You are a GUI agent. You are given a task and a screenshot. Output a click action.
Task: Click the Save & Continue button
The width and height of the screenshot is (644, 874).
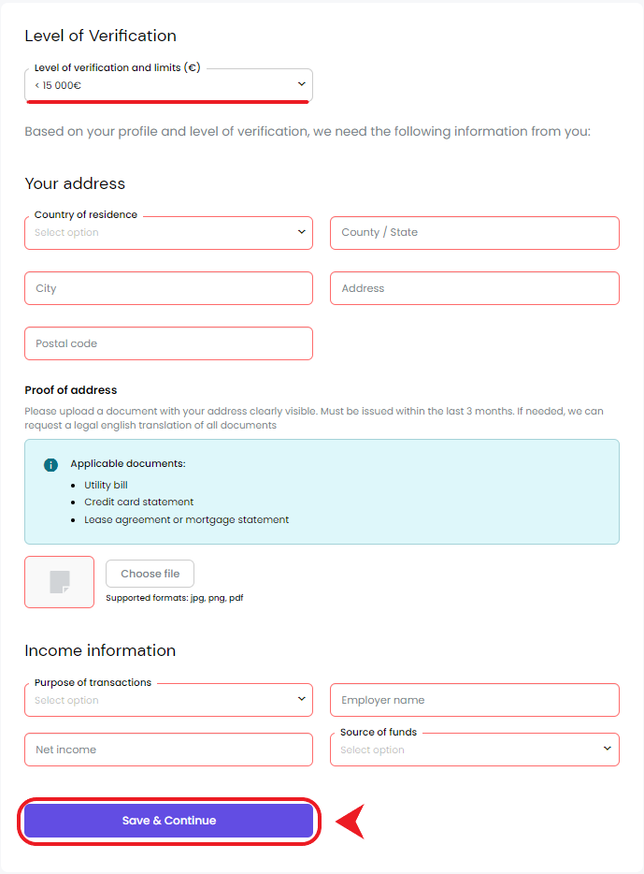tap(169, 821)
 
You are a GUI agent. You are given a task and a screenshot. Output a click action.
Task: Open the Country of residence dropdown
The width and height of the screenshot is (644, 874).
tap(168, 233)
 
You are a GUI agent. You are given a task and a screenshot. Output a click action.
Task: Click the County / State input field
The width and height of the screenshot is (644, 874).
tap(474, 233)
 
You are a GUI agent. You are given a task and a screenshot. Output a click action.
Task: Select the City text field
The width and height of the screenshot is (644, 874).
tap(168, 288)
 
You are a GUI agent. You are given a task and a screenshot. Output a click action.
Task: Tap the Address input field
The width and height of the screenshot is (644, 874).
tap(474, 288)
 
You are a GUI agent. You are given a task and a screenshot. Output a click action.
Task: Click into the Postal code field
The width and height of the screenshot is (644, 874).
tap(168, 343)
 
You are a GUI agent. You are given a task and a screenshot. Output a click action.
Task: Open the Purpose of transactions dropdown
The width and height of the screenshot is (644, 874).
tap(168, 700)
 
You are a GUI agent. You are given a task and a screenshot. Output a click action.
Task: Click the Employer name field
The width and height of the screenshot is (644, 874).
tap(474, 700)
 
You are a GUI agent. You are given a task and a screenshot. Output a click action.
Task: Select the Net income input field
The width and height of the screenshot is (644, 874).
tap(168, 750)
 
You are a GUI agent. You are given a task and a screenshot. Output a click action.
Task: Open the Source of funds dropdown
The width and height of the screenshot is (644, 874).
tap(474, 750)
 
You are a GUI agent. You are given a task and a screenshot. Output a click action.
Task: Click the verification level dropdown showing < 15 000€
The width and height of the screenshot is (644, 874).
tap(168, 85)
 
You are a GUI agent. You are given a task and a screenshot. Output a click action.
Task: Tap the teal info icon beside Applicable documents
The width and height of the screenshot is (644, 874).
tap(50, 465)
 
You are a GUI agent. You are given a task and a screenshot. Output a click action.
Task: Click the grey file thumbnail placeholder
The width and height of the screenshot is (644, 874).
tap(60, 582)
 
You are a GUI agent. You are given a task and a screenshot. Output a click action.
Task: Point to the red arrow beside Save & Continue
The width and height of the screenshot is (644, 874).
tap(350, 821)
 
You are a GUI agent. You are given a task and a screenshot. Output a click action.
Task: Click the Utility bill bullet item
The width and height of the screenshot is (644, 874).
tap(106, 485)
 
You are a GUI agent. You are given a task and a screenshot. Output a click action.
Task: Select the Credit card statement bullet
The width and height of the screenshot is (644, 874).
tap(138, 503)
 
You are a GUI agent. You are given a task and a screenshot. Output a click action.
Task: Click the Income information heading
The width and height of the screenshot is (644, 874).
tap(100, 650)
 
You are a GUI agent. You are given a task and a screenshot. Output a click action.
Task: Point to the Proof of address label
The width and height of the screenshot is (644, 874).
tap(71, 390)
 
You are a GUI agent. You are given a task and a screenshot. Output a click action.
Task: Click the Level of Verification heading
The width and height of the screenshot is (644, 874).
tap(100, 36)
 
